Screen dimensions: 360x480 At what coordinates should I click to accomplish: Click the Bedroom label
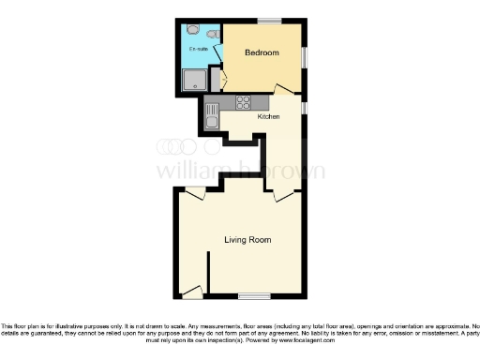click(262, 53)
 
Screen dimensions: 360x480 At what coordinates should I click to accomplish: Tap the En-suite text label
click(199, 48)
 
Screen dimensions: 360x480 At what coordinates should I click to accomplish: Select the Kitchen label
click(269, 117)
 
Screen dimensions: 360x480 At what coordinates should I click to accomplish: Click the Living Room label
click(247, 240)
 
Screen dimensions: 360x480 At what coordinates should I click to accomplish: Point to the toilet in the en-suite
click(194, 30)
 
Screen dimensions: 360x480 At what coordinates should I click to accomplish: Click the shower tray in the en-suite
click(194, 81)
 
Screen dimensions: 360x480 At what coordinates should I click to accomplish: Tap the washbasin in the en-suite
click(214, 36)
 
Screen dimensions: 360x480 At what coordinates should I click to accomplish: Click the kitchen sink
click(212, 117)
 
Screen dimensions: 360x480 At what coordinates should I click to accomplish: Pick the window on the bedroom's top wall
click(270, 22)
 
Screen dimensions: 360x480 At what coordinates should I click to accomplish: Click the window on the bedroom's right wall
click(304, 56)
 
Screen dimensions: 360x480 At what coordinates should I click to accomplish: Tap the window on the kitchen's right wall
click(304, 111)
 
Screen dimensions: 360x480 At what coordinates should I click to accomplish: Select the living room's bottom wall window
click(252, 296)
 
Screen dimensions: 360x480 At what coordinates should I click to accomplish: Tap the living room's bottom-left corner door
click(193, 292)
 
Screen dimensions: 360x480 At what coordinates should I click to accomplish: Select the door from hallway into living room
click(283, 196)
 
